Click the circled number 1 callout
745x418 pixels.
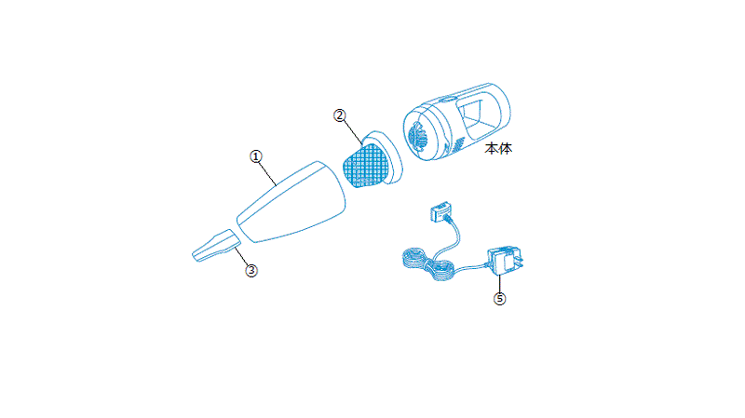[x=256, y=156]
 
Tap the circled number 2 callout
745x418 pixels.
[x=339, y=115]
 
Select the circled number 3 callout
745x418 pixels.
[x=251, y=271]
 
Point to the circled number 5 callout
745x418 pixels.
[x=499, y=299]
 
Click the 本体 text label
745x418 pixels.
[x=498, y=149]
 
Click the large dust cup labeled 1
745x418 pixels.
[x=291, y=202]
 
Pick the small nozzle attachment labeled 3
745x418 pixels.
[x=216, y=245]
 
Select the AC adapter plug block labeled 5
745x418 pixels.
[x=504, y=261]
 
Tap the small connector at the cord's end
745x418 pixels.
[x=440, y=211]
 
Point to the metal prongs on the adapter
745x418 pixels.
[x=520, y=261]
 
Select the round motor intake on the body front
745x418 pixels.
[x=417, y=136]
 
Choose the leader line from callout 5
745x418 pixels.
[x=499, y=284]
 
